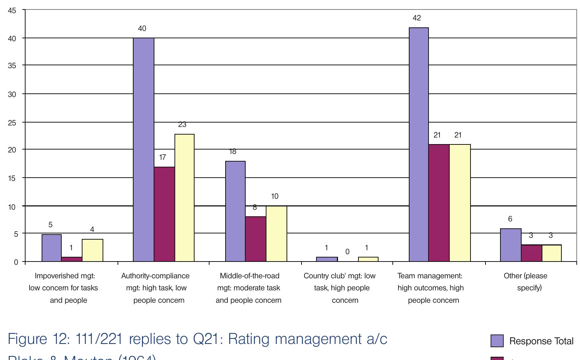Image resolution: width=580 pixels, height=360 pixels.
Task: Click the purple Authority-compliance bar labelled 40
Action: (143, 150)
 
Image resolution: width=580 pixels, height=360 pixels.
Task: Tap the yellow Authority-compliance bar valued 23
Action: (184, 198)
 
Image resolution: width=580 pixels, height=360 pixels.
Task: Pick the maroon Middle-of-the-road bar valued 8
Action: (256, 239)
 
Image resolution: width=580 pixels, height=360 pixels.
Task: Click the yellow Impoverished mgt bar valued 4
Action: (92, 250)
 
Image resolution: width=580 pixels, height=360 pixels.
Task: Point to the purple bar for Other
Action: (510, 245)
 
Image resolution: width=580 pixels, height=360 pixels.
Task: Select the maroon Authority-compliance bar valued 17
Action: (164, 214)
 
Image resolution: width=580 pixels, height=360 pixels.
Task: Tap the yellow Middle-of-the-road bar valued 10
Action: (276, 234)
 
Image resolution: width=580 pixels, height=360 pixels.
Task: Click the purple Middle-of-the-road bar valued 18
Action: (235, 211)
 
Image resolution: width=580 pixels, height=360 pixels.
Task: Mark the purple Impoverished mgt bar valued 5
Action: (51, 248)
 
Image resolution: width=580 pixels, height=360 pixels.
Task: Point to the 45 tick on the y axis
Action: (12, 11)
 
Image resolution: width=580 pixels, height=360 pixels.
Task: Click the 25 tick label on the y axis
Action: (12, 123)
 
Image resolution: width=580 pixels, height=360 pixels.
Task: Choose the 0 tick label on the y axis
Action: (16, 262)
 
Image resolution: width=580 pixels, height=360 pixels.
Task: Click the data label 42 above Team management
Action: (416, 18)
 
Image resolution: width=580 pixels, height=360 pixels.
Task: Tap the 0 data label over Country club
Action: (347, 252)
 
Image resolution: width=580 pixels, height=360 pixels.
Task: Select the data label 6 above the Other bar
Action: (510, 219)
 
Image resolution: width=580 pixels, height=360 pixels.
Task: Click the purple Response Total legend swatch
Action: (497, 341)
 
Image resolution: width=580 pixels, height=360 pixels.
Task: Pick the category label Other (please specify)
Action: (526, 282)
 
